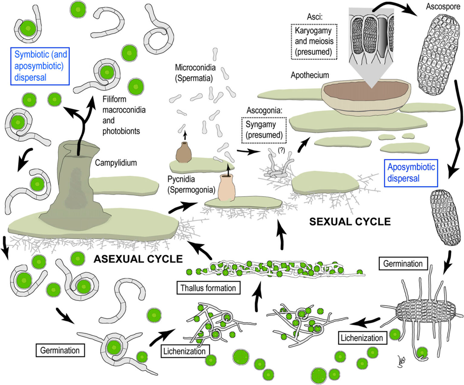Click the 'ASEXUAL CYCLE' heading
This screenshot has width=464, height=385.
pyautogui.click(x=138, y=259)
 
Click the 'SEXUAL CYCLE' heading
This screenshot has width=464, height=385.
pyautogui.click(x=350, y=222)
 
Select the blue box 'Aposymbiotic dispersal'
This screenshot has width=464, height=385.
pyautogui.click(x=411, y=173)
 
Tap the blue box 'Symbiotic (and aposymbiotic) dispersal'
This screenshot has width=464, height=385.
pyautogui.click(x=40, y=66)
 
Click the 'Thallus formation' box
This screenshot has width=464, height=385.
pyautogui.click(x=208, y=288)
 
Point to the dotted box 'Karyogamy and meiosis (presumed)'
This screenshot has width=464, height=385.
pyautogui.click(x=313, y=41)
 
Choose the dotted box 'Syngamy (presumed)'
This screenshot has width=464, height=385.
pyautogui.click(x=264, y=130)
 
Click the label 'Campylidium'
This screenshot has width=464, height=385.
pyautogui.click(x=116, y=163)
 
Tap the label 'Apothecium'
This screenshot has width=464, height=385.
pyautogui.click(x=310, y=75)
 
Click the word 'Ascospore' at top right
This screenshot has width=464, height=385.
pyautogui.click(x=443, y=6)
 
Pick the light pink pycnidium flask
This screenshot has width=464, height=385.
pyautogui.click(x=226, y=188)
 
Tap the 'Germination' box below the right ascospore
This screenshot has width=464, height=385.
pyautogui.click(x=403, y=263)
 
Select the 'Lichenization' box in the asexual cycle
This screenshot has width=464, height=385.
pyautogui.click(x=184, y=351)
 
